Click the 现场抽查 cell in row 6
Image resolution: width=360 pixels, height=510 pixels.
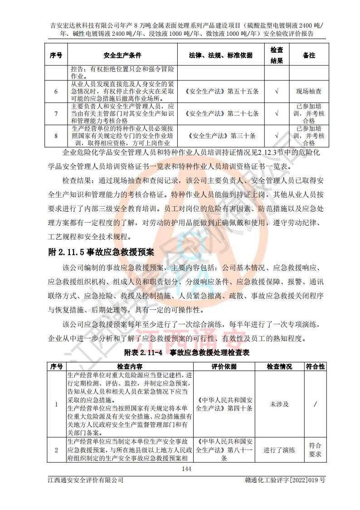(x=309, y=91)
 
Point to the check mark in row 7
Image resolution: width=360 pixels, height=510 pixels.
(x=277, y=114)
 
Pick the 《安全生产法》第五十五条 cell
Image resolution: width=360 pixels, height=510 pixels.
(x=222, y=91)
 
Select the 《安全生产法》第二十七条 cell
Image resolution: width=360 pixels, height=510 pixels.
(x=222, y=114)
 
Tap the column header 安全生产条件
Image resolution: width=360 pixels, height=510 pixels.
(x=122, y=55)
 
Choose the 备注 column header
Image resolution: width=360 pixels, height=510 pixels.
(x=309, y=55)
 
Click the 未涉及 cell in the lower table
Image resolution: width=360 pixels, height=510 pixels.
(x=279, y=404)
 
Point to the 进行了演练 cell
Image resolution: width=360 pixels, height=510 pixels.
(x=279, y=450)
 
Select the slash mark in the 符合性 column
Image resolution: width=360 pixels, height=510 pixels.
(x=315, y=404)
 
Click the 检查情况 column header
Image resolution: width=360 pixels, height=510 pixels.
(x=279, y=366)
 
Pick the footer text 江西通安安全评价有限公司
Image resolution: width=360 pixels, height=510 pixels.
(x=86, y=480)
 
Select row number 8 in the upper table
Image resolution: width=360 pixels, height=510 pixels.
(x=56, y=135)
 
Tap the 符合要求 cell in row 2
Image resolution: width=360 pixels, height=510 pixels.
(x=315, y=450)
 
